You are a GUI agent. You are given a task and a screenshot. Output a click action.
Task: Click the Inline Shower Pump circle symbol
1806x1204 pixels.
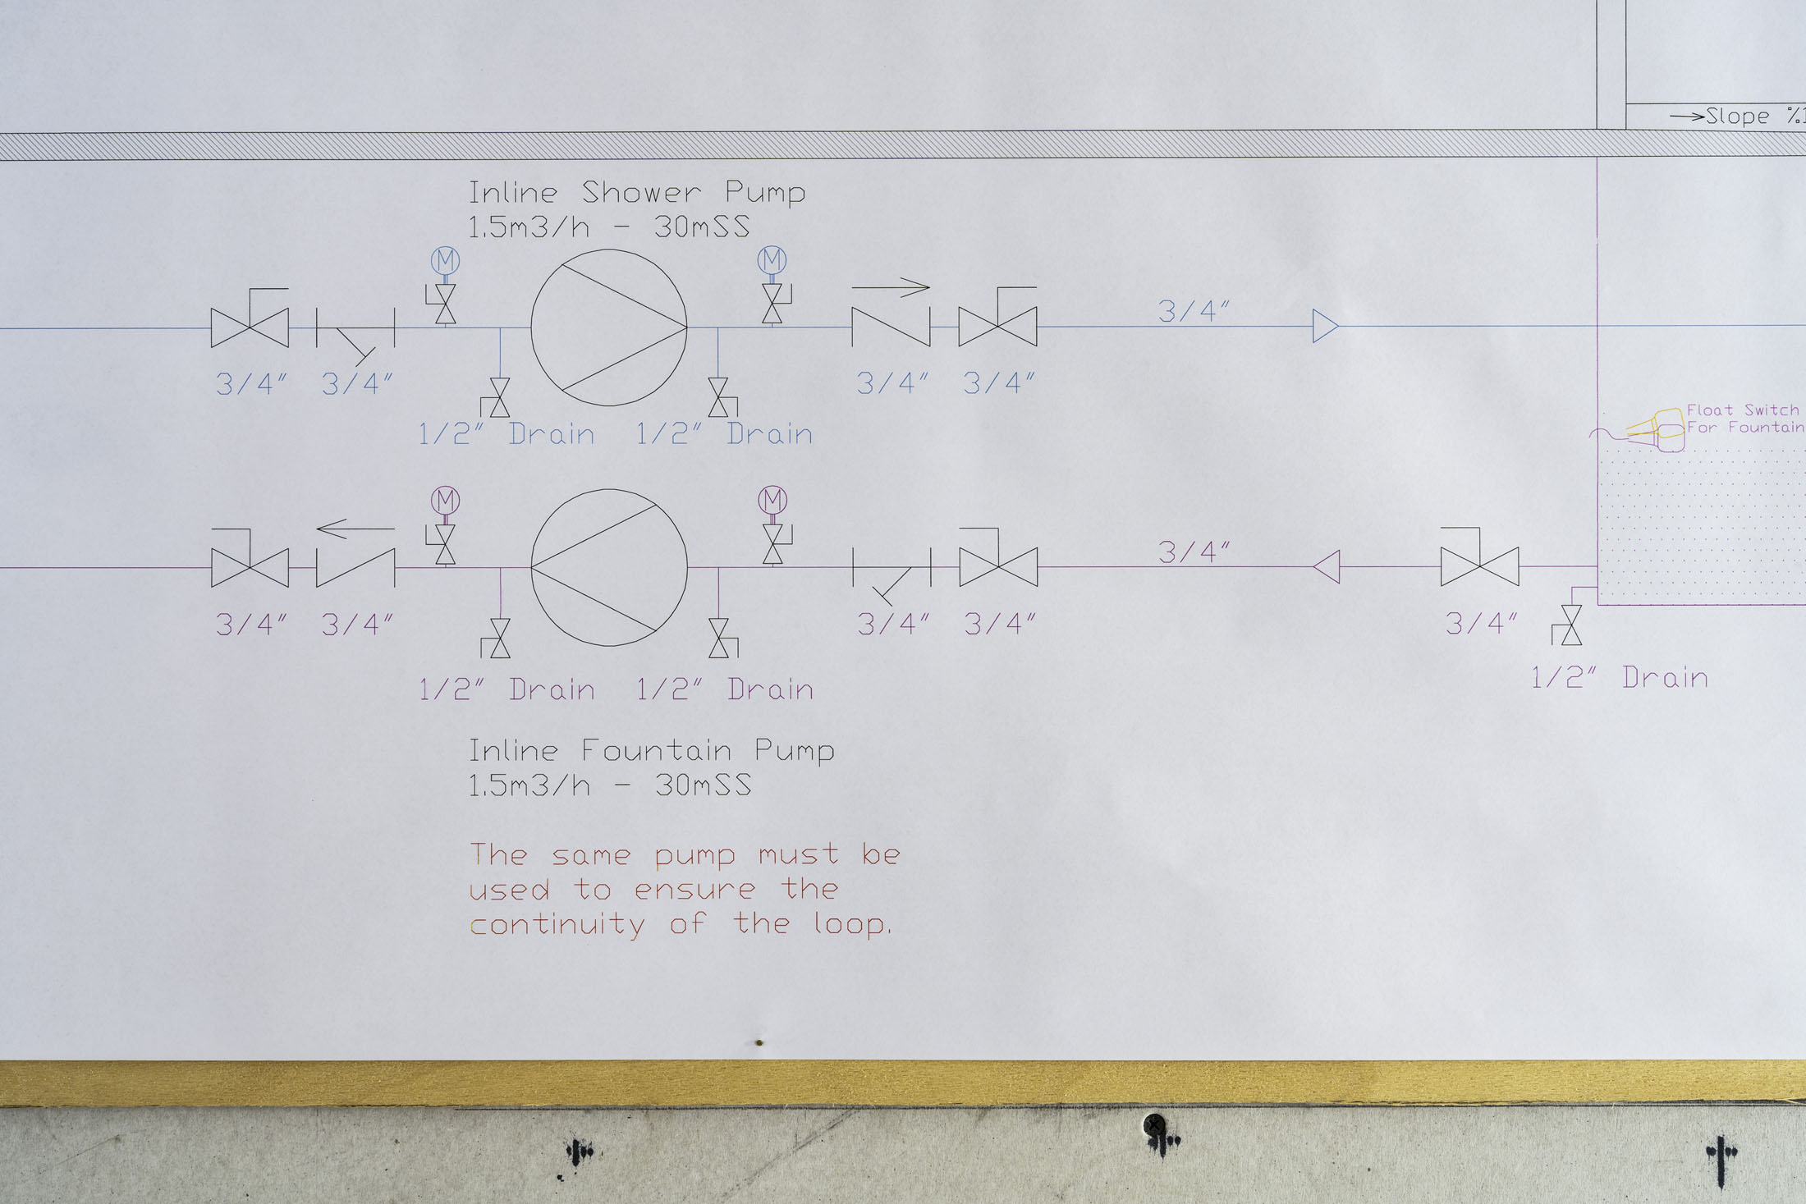(x=608, y=327)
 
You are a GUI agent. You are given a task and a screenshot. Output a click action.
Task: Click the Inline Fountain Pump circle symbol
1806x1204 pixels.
(x=608, y=567)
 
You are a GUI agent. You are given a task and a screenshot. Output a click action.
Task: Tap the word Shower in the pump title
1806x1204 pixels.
(x=641, y=193)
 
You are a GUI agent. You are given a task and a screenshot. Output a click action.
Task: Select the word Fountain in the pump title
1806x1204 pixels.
(x=656, y=750)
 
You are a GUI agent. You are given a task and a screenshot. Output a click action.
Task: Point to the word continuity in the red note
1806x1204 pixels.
(x=557, y=925)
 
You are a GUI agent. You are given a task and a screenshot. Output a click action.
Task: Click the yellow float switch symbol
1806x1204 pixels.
(x=1658, y=429)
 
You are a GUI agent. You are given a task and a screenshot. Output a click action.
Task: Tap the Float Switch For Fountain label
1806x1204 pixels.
(x=1744, y=419)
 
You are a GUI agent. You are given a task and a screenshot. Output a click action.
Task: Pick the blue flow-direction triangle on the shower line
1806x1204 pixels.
(x=1324, y=326)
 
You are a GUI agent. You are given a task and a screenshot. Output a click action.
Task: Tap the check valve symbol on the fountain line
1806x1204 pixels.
(x=355, y=566)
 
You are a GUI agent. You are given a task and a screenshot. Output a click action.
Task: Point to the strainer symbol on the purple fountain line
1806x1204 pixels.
(x=892, y=573)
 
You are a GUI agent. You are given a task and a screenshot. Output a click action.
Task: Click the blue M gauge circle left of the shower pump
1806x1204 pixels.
(x=445, y=261)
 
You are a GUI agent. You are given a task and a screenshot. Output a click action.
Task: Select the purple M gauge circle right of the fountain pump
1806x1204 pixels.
(x=772, y=499)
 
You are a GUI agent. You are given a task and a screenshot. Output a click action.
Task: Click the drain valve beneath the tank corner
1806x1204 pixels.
(x=1570, y=625)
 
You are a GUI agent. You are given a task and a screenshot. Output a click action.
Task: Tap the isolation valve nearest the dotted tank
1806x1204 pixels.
(x=1479, y=566)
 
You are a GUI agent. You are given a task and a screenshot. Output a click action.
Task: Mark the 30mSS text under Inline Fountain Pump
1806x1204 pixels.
(x=703, y=785)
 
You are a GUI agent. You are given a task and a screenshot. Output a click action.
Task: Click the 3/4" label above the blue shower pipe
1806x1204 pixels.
(x=1194, y=311)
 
